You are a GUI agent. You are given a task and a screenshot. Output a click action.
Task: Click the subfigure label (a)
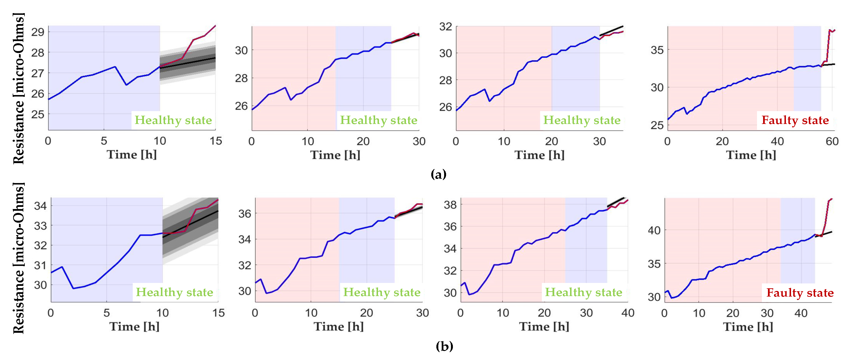point(438,174)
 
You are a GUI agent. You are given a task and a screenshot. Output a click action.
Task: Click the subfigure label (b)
point(444,346)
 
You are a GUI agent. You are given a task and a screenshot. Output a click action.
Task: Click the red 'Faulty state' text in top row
point(795,120)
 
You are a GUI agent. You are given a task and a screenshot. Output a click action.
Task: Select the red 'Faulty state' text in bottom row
point(800,292)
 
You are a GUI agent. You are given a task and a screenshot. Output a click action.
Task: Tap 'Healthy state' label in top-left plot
point(173,120)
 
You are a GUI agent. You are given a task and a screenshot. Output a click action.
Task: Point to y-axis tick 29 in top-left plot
point(38,32)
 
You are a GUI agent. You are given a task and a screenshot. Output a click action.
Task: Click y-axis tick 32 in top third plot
point(446,26)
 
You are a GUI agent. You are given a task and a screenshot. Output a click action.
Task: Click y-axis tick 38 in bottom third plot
point(450,204)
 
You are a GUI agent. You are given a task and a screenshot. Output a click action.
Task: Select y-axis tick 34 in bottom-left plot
point(40,206)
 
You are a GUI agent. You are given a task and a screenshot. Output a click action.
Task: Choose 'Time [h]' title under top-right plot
point(751,155)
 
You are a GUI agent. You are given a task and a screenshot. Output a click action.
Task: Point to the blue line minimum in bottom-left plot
point(73,288)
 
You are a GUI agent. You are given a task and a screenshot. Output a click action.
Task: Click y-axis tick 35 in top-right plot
point(657,50)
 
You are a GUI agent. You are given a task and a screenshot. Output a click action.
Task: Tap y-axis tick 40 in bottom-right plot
point(654,230)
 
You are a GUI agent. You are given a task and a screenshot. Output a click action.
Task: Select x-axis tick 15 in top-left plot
point(216,141)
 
